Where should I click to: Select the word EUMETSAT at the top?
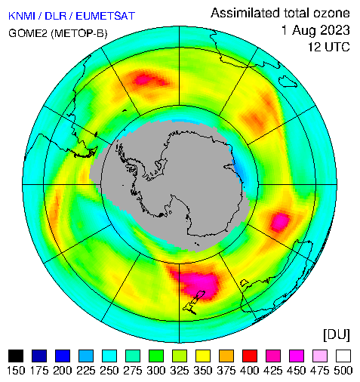(x=106, y=16)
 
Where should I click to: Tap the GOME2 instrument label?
(x=28, y=33)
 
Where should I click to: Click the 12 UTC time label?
(x=329, y=47)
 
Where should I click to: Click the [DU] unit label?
(x=337, y=335)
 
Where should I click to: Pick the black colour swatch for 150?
(x=16, y=356)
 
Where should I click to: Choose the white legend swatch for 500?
(x=343, y=356)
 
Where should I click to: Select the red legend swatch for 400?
(x=250, y=356)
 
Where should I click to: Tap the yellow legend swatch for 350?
(x=203, y=356)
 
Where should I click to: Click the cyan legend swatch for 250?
(x=109, y=356)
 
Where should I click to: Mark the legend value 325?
(x=180, y=371)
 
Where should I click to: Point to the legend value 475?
(x=320, y=371)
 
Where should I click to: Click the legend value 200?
(x=63, y=371)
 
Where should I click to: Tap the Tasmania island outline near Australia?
(x=245, y=282)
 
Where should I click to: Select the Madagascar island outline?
(x=288, y=82)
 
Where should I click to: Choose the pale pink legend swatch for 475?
(x=320, y=356)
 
